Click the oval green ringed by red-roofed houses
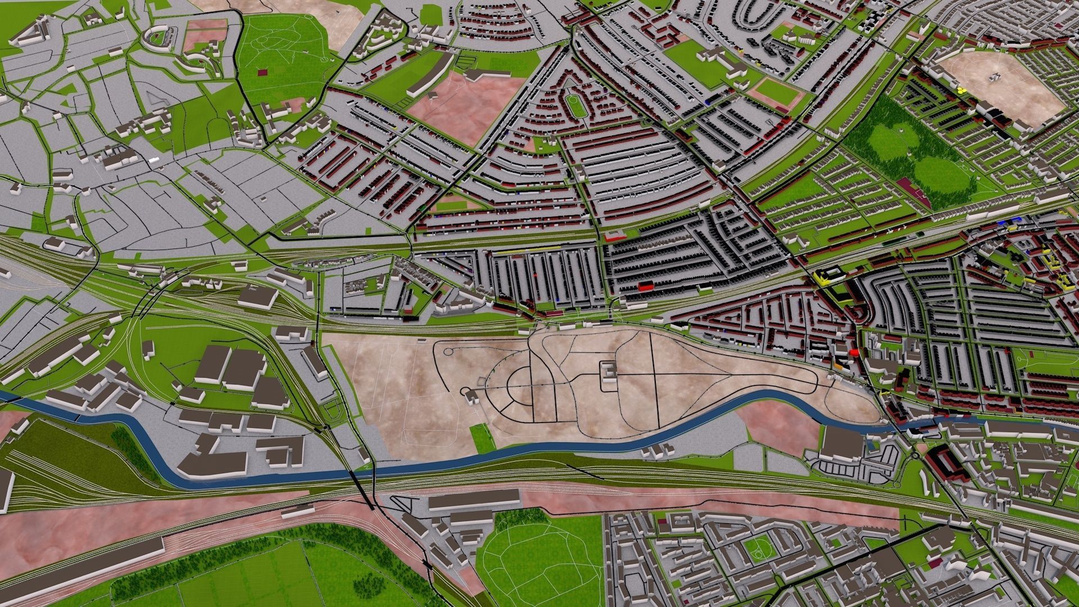click(574, 104)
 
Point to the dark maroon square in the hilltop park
click(262, 71)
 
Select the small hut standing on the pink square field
click(432, 96)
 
